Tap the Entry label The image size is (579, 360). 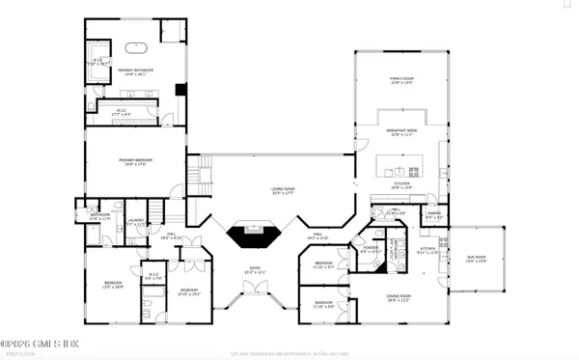click(255, 272)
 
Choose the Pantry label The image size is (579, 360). click(434, 215)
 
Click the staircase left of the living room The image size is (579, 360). click(199, 178)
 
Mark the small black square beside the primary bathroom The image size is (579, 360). click(179, 91)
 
